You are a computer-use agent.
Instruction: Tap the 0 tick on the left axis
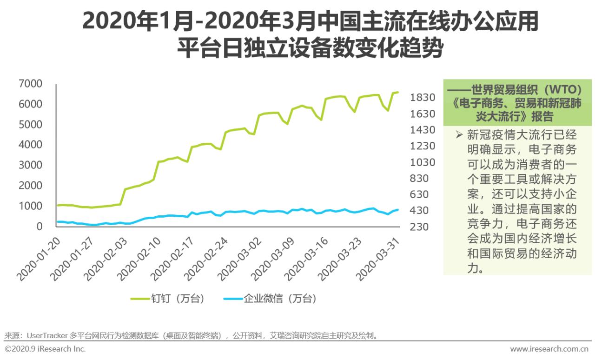click(x=40, y=226)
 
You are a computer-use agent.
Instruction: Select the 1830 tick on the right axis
click(x=422, y=98)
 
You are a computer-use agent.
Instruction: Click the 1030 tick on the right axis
click(x=422, y=162)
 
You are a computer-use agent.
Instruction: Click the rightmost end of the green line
click(x=398, y=92)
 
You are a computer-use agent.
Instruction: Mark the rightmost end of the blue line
click(x=398, y=209)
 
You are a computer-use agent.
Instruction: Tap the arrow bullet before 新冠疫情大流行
click(x=459, y=135)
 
